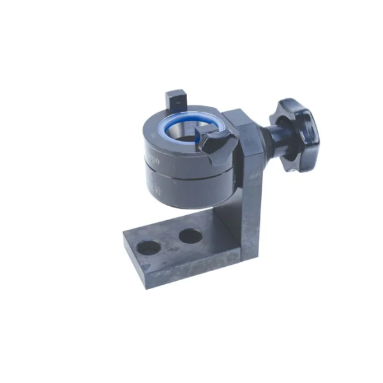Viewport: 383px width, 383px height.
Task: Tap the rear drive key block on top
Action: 174,100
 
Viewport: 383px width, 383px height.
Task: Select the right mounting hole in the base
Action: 190,236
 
